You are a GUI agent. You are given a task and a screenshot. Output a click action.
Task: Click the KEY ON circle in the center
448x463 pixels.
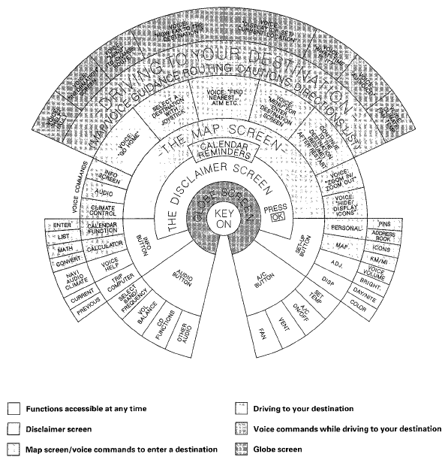pyautogui.click(x=224, y=220)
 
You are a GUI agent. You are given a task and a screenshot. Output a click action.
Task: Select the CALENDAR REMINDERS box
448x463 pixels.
pyautogui.click(x=224, y=152)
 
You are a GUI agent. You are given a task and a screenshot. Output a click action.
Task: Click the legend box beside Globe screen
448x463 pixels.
pyautogui.click(x=241, y=449)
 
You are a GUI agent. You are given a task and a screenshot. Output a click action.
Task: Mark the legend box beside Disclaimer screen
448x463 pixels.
pyautogui.click(x=13, y=428)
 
